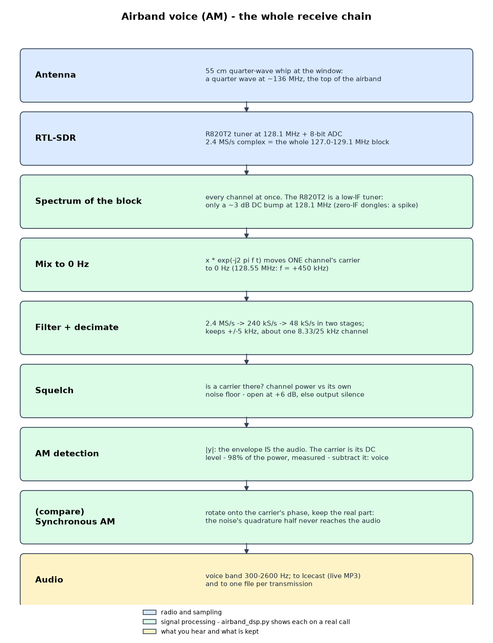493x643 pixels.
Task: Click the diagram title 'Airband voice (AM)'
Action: [174, 16]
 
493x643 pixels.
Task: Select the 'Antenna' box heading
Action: [55, 75]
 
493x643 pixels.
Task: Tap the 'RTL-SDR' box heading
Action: [55, 138]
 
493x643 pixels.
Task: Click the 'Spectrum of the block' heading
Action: [88, 201]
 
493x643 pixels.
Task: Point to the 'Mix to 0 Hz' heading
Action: [62, 264]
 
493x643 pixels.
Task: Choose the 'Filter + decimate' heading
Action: [76, 327]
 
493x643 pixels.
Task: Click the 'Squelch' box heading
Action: [54, 390]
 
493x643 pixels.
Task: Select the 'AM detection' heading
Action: [67, 453]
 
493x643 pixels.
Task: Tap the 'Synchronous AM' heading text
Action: [75, 521]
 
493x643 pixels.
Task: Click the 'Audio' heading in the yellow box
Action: [49, 579]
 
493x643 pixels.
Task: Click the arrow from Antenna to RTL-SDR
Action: [246, 107]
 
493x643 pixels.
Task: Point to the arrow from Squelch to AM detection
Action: [246, 423]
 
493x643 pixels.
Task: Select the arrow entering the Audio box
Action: [246, 549]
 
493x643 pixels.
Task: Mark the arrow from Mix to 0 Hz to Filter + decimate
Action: [246, 296]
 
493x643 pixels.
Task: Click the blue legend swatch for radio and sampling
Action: [149, 612]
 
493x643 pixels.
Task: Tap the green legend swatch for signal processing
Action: [149, 622]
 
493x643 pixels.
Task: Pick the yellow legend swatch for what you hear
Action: [149, 631]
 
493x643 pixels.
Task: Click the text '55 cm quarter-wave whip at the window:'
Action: [274, 71]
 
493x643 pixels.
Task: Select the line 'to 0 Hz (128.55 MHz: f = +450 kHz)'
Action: [267, 268]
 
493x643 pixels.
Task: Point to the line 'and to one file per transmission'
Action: [259, 584]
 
